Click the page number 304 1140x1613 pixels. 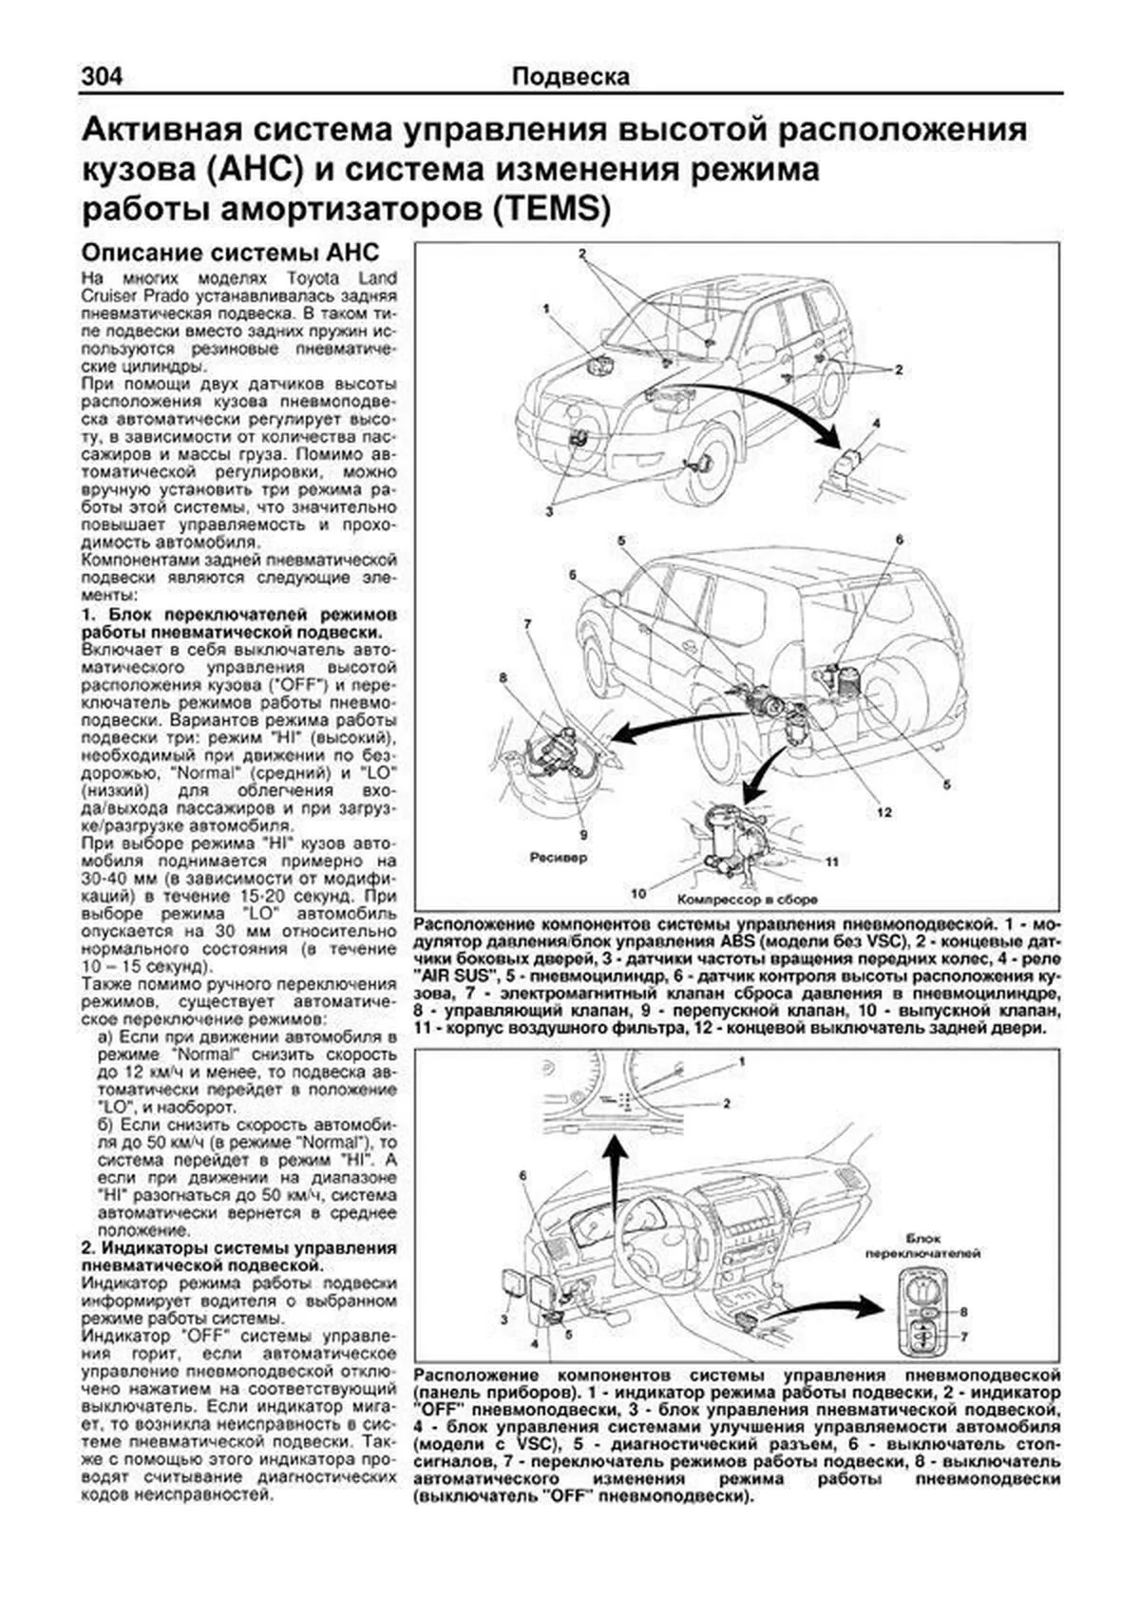(103, 77)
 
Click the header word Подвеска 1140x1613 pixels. (570, 77)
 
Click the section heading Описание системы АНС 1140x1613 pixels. (231, 253)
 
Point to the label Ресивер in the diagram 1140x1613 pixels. (558, 857)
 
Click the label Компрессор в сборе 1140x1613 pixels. (748, 898)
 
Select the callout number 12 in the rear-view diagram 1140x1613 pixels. (883, 813)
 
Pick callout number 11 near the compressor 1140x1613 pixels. (831, 863)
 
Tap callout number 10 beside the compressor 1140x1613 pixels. (638, 893)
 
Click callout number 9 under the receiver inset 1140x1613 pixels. (583, 834)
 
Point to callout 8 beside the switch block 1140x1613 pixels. (963, 1312)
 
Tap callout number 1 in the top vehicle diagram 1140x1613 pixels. (547, 309)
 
